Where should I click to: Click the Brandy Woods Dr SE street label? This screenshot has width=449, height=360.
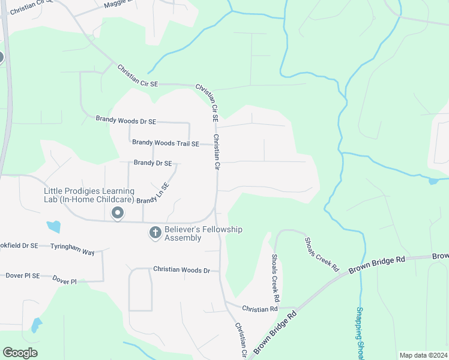[x=125, y=121]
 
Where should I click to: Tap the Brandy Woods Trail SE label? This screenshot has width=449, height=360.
[x=165, y=143]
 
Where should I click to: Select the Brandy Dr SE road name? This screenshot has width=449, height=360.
[x=152, y=163]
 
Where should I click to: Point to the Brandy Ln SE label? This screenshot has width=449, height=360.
[x=153, y=193]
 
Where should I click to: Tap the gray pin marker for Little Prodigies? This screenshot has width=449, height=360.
[x=118, y=213]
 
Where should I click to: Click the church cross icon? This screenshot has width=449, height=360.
[x=155, y=232]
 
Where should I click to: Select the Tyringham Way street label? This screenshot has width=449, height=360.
[x=72, y=250]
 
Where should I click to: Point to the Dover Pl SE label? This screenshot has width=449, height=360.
[x=22, y=276]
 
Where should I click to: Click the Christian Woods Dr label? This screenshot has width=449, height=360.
[x=181, y=270]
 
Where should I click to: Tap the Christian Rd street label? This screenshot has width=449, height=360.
[x=259, y=308]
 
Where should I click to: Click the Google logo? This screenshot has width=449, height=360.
[x=20, y=353]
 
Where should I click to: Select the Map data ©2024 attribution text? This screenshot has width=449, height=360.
[x=423, y=355]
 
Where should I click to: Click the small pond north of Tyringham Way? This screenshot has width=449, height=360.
[x=54, y=226]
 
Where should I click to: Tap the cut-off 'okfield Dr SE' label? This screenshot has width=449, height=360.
[x=19, y=245]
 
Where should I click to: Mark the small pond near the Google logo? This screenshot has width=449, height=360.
[x=37, y=325]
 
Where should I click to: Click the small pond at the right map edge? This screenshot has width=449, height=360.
[x=433, y=181]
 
